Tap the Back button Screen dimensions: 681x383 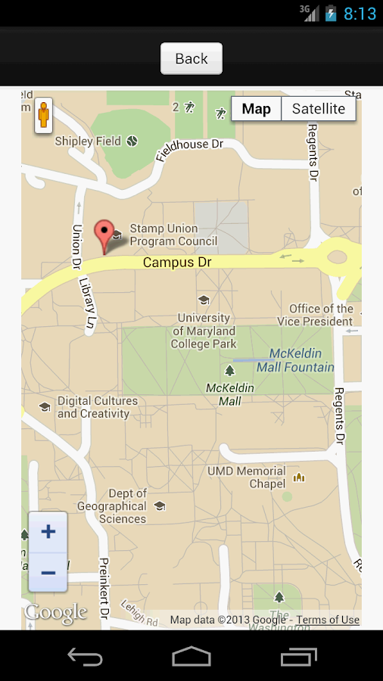191,58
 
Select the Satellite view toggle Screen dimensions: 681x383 318,109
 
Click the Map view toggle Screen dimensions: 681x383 256,109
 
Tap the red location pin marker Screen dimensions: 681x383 104,234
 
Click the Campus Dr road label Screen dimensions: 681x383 177,263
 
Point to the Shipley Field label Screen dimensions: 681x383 88,141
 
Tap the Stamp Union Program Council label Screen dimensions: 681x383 173,235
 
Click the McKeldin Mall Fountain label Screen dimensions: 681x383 295,360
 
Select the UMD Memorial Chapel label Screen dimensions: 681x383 247,477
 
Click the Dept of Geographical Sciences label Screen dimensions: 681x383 112,506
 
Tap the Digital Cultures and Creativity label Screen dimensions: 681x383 97,407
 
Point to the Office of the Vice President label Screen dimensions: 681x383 321,315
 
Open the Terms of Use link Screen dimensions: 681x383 328,620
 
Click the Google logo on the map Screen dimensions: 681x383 56,612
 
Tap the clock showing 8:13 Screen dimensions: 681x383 360,13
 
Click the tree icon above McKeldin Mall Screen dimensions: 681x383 229,370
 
